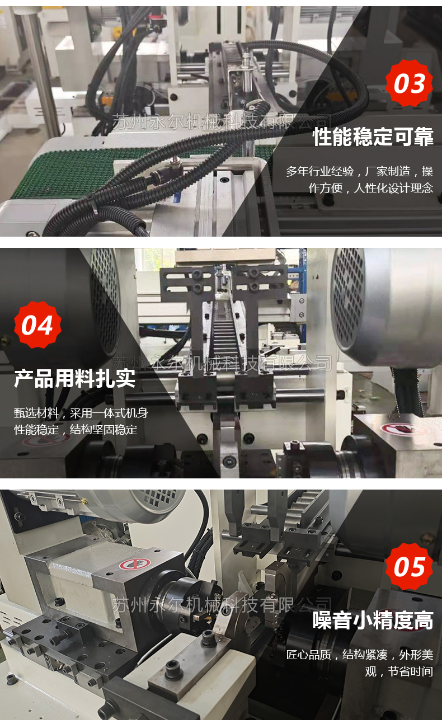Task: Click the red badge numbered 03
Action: pos(409,83)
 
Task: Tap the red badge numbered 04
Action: pos(37,325)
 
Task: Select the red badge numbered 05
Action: pos(409,567)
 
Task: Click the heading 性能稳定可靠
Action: pos(373,137)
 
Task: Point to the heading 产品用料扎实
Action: pos(74,378)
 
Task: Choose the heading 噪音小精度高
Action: pos(373,620)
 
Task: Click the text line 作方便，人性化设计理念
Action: pos(370,188)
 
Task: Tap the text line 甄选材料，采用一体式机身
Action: pos(81,413)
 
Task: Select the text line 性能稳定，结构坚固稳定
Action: pos(76,430)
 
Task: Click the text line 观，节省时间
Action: pos(399,671)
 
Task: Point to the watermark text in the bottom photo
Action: pos(222,605)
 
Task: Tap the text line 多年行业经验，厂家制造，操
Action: pos(359,171)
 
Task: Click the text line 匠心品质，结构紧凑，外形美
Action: pos(360,655)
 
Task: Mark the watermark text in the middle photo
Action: pos(222,363)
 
